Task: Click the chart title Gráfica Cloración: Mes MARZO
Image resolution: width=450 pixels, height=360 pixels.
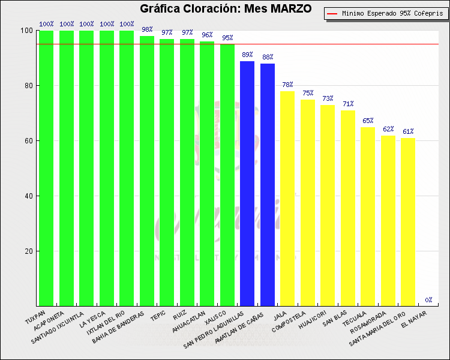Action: tap(226, 9)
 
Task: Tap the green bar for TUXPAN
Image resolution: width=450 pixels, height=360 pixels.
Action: tap(46, 168)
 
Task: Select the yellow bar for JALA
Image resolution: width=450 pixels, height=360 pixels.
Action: tap(287, 198)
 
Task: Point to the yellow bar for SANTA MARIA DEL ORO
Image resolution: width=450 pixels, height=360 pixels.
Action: tap(408, 221)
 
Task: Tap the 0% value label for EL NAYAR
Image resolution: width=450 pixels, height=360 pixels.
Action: tap(428, 300)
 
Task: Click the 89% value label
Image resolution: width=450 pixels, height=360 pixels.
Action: tap(247, 55)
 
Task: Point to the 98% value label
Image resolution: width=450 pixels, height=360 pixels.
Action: tap(147, 29)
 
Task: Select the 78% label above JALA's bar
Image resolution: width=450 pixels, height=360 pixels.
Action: tap(287, 85)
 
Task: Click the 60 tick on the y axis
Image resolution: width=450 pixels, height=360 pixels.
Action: tap(28, 141)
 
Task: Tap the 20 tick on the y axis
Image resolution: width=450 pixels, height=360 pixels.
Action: tap(28, 251)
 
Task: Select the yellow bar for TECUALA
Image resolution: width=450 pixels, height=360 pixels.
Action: tap(368, 216)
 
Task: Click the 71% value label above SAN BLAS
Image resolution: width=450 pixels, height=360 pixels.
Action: tap(348, 104)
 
